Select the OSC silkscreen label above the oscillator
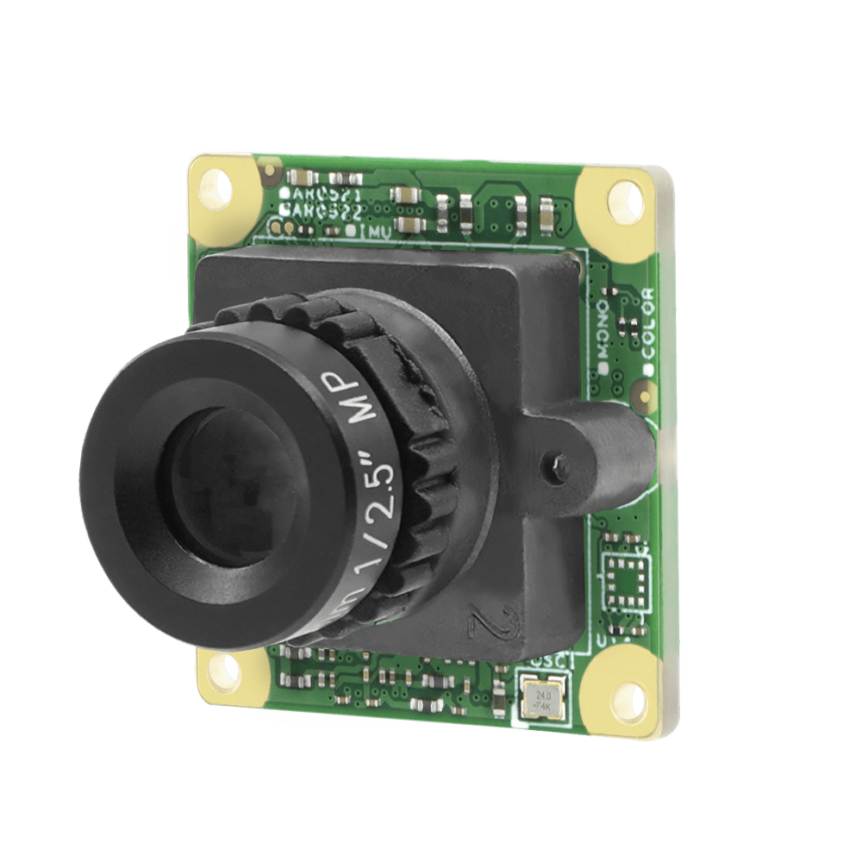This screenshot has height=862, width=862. pyautogui.click(x=545, y=661)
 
